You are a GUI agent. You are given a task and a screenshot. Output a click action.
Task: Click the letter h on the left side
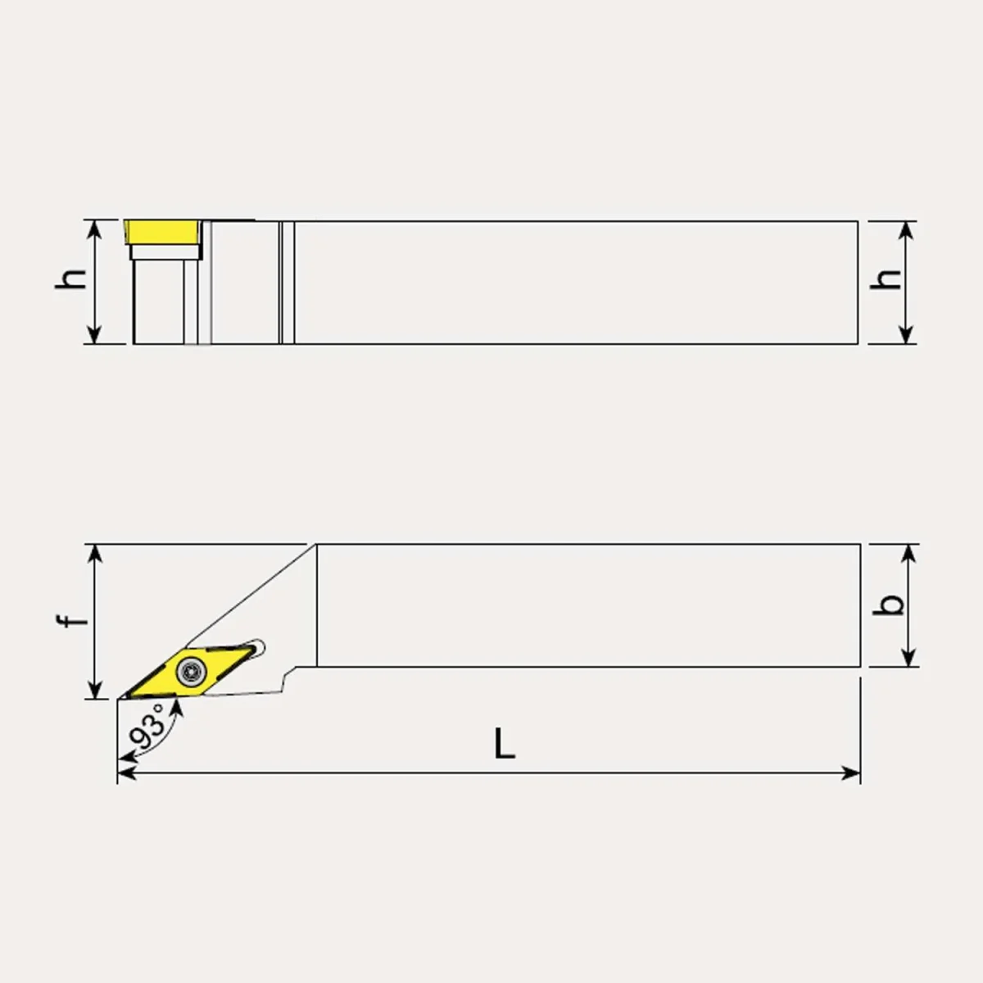pyautogui.click(x=71, y=279)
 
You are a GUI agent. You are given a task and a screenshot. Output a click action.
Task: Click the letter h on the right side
pyautogui.click(x=886, y=279)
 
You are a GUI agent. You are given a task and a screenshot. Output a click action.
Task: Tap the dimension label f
pyautogui.click(x=72, y=621)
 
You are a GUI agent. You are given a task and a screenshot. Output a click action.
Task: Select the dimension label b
pyautogui.click(x=888, y=605)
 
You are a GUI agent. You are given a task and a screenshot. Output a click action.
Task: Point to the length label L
pyautogui.click(x=505, y=743)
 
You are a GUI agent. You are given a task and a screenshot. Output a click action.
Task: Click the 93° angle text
pyautogui.click(x=147, y=726)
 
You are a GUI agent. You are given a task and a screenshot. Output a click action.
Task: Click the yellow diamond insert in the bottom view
pyautogui.click(x=188, y=672)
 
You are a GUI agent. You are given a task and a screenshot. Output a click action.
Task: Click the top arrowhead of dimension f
pyautogui.click(x=95, y=553)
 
